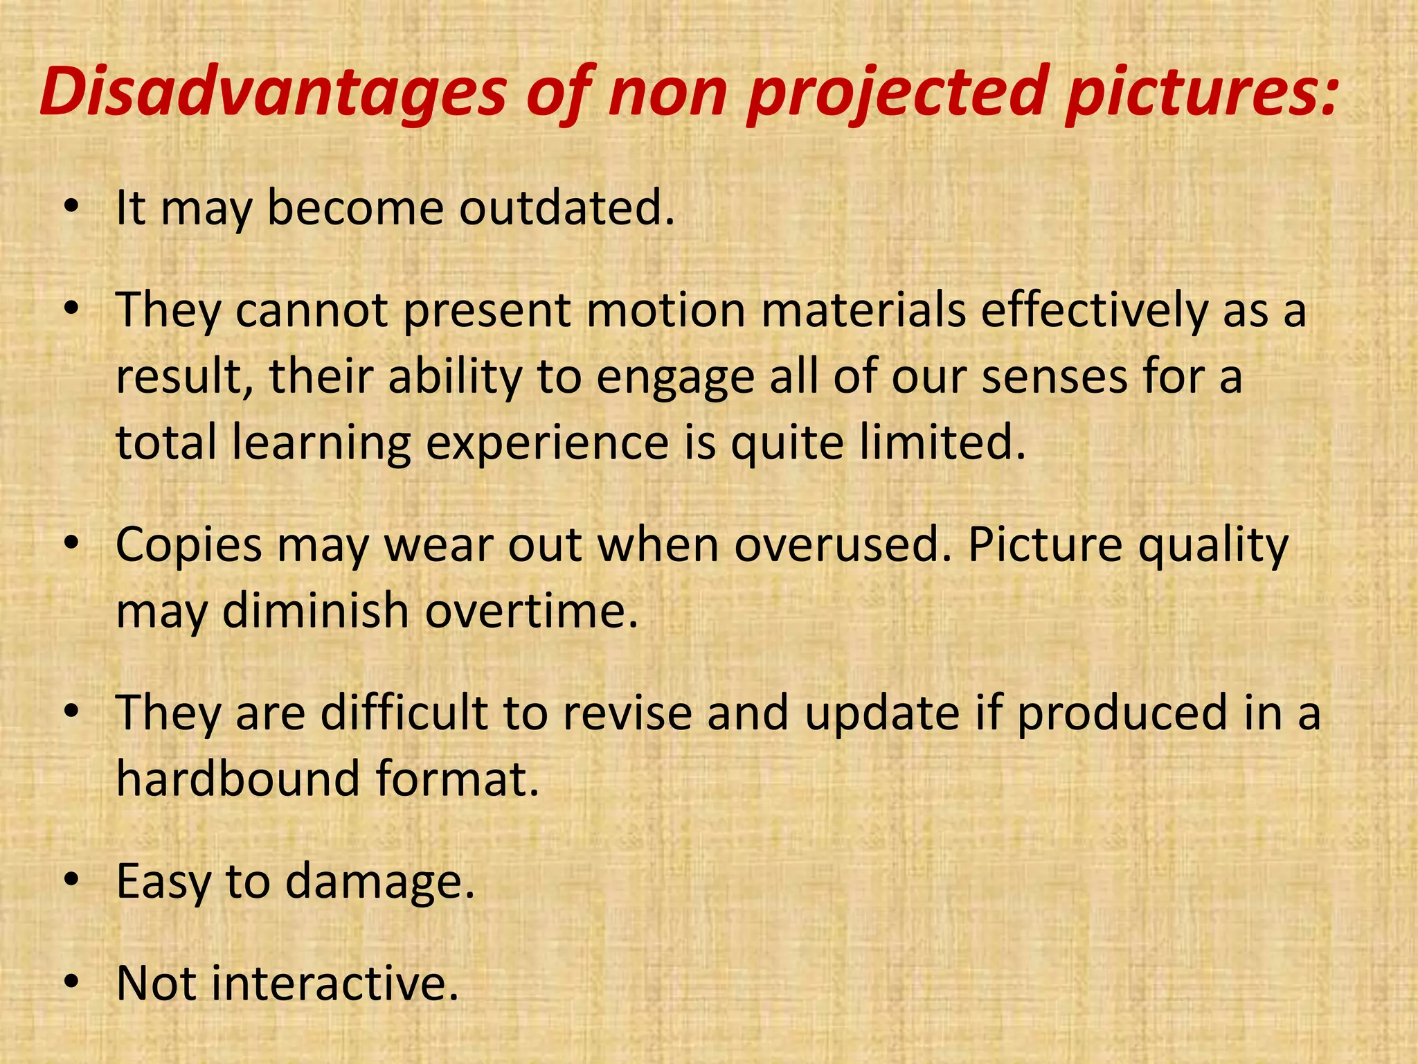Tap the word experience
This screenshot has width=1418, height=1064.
click(546, 443)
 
